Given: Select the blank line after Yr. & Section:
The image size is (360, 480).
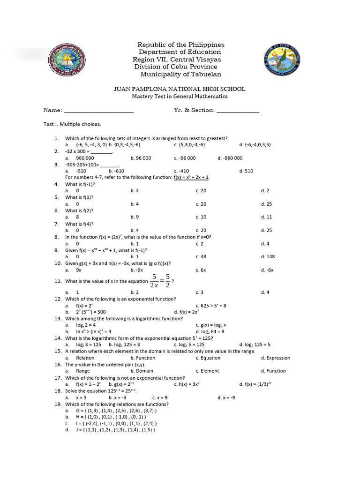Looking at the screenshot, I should coord(238,111).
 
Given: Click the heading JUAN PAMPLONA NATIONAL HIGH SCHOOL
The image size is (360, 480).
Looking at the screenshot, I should coord(180,89).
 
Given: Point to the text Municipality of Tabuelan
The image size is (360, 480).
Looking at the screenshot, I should coord(181,75).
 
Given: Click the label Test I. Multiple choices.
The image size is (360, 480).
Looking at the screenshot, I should coord(72,124).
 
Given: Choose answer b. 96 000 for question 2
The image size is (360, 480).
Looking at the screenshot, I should coord(141,158).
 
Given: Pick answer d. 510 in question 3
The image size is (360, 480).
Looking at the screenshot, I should coord(246,171).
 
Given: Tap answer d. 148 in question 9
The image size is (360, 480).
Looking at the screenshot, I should coord(268,257).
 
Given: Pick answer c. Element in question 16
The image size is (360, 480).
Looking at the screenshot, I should coord(207,371).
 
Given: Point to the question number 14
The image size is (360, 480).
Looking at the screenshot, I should coord(58,338).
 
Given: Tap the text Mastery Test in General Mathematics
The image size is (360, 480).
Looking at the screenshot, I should coord(180,97).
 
